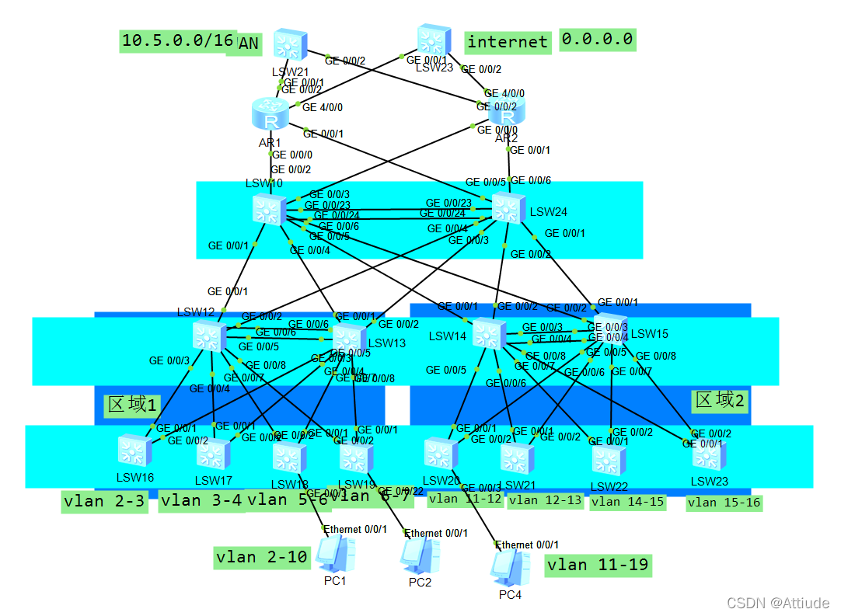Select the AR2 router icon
pos(507,113)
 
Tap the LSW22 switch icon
pos(608,460)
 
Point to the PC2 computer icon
pos(420,556)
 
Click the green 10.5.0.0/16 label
pos(178,41)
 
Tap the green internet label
pos(508,41)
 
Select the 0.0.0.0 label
pos(597,39)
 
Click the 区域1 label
pos(132,405)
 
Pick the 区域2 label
pos(720,400)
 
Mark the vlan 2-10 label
pos(262,557)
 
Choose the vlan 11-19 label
pos(598,565)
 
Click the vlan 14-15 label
pos(627,502)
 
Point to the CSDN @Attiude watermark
pos(777,602)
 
